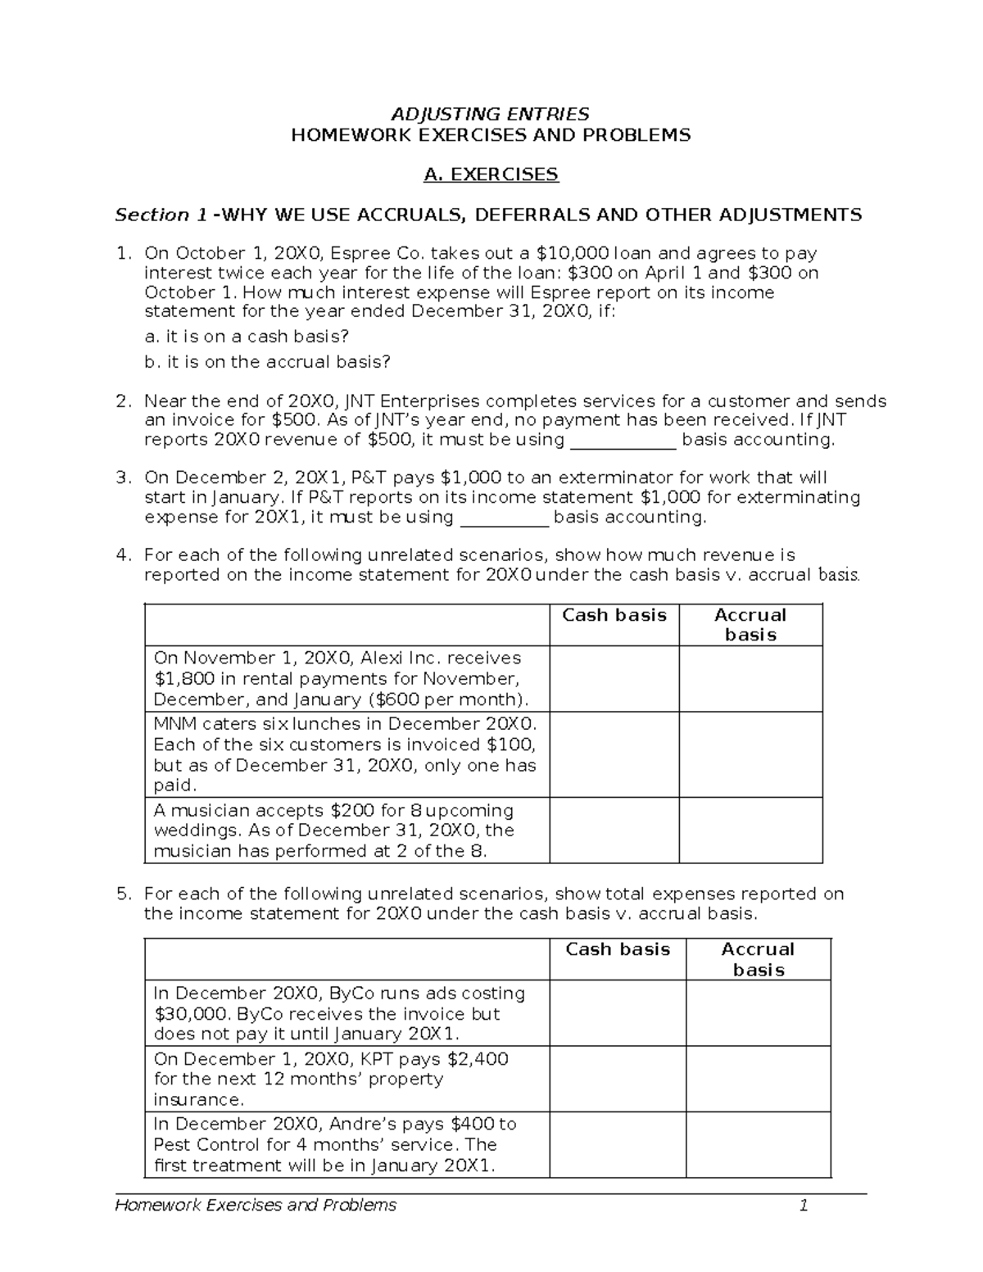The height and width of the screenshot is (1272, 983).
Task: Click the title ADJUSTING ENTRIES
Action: tap(491, 113)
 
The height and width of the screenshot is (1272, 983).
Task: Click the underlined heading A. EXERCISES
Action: tap(491, 174)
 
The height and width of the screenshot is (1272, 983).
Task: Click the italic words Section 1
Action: tap(161, 215)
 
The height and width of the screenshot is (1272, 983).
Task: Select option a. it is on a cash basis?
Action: tap(246, 336)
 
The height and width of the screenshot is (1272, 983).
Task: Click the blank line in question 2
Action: tap(623, 441)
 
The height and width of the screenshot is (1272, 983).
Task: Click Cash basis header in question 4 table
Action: tap(614, 615)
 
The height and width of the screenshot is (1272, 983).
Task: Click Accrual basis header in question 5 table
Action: tap(758, 959)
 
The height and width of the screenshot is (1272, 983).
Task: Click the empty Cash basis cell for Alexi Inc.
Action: tap(614, 678)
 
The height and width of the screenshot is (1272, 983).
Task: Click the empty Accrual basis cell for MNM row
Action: tap(750, 754)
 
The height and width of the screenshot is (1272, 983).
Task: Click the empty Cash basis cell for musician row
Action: tap(614, 830)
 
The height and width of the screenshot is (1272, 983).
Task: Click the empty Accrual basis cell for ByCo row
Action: tap(758, 1012)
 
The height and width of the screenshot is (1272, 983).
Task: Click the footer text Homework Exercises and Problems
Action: tap(256, 1205)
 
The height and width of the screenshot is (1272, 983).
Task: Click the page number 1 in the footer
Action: tap(804, 1205)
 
